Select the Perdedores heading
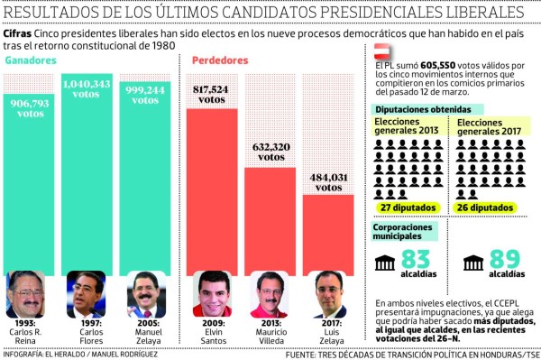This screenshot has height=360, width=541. click(219, 60)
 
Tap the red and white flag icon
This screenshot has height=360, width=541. click(382, 56)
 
